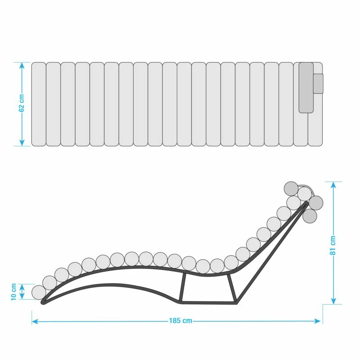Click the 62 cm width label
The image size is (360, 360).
point(22,104)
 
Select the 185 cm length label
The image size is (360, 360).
point(180,321)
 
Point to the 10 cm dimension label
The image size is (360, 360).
point(13,292)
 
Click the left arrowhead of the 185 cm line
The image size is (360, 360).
point(34,321)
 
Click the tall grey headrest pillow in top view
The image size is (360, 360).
point(306,87)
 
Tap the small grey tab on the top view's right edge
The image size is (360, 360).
point(318,83)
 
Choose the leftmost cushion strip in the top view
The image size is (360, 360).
point(38,104)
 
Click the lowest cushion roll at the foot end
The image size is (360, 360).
point(39,292)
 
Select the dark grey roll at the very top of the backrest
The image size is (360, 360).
point(291,188)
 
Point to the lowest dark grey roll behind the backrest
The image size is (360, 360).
point(310,216)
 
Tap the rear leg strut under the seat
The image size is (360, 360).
point(232,288)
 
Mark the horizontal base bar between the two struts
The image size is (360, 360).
point(207,302)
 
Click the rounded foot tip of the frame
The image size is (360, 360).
point(44,302)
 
